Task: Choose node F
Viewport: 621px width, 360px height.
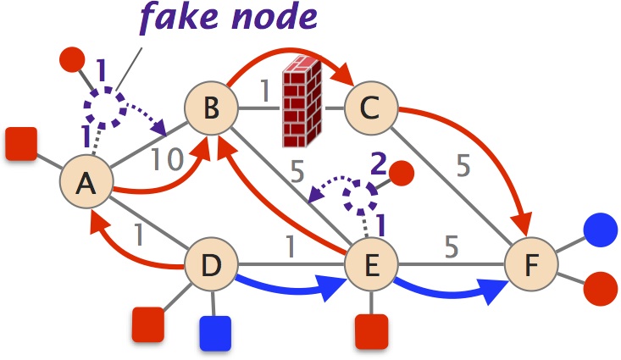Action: coord(531,265)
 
